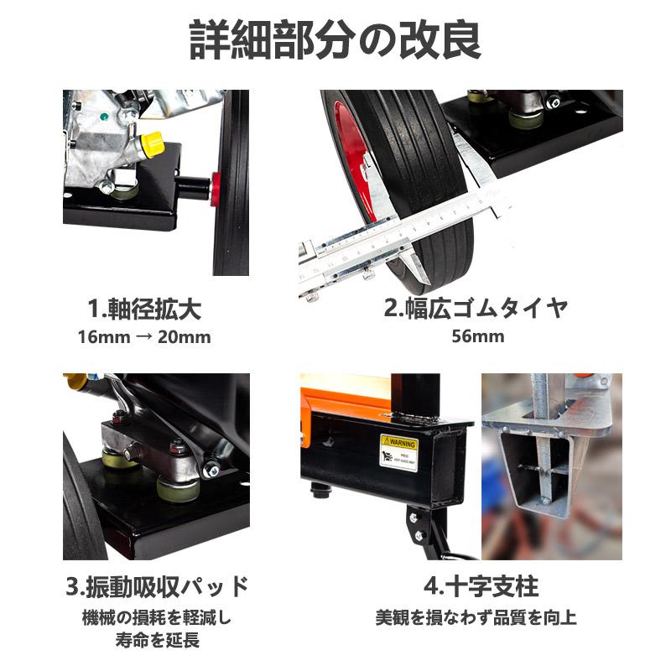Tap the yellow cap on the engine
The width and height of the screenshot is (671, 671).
152,143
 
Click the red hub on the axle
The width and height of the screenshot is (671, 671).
216,188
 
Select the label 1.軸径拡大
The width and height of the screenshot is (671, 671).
144,309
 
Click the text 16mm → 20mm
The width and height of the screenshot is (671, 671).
144,337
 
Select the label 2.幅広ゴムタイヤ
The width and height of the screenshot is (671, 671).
476,309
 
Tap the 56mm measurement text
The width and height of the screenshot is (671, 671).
476,337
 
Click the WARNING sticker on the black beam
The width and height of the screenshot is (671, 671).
398,452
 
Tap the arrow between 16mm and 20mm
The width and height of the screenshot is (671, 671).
144,338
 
